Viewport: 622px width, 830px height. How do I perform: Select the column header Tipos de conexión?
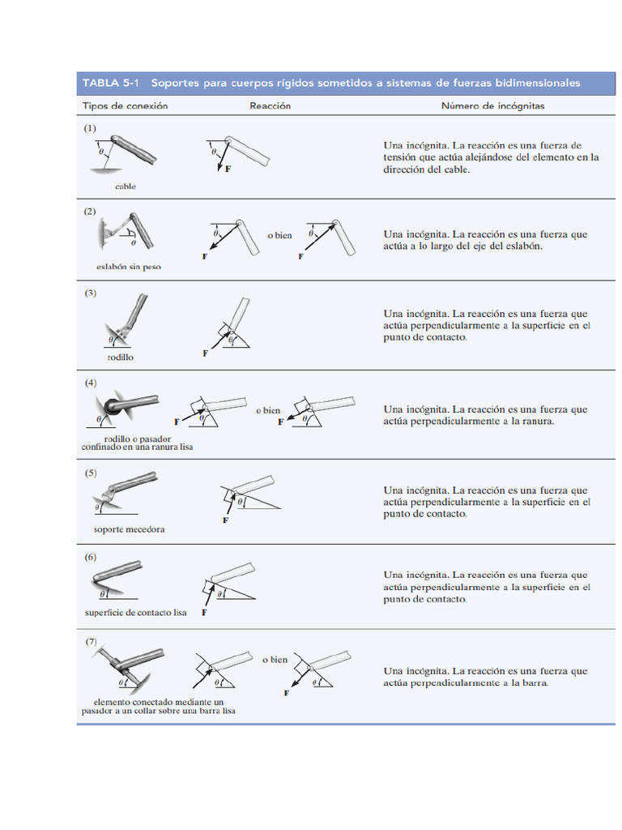[x=125, y=106]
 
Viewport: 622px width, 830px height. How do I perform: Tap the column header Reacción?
[x=270, y=106]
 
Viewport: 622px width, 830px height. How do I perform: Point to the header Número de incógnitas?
[x=492, y=106]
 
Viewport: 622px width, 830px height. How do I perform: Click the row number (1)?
[x=90, y=128]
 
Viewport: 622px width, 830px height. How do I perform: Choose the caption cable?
[x=126, y=186]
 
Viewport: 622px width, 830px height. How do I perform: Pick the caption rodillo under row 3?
[x=120, y=357]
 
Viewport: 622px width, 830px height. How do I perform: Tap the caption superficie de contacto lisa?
[x=135, y=613]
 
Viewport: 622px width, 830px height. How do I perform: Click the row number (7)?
[x=92, y=641]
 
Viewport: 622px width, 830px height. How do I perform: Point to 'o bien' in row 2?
[x=279, y=235]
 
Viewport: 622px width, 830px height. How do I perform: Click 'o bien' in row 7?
[x=275, y=660]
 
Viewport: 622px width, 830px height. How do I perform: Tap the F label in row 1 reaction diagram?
[x=227, y=170]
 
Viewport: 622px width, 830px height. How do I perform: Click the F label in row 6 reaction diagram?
[x=203, y=614]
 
